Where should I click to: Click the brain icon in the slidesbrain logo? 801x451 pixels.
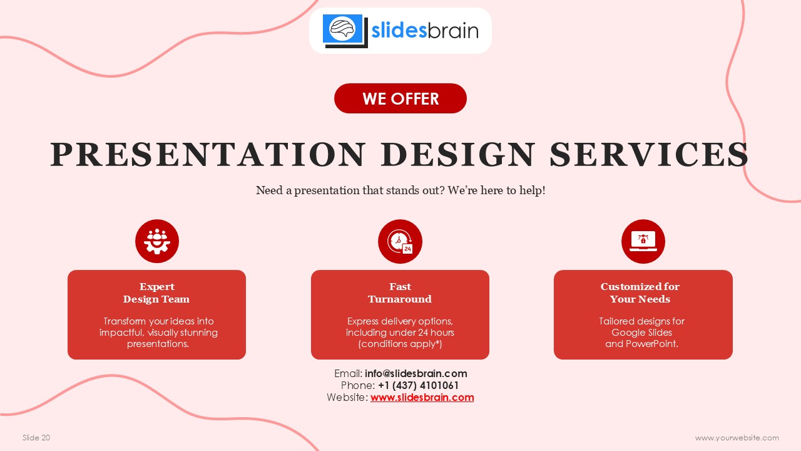click(x=343, y=29)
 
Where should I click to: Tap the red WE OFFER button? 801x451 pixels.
click(x=400, y=98)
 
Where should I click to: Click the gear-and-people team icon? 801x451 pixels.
click(x=157, y=241)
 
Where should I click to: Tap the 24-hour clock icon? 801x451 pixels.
click(x=400, y=241)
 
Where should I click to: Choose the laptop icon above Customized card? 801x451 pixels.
click(x=643, y=241)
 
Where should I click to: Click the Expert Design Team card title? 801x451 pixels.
click(x=156, y=293)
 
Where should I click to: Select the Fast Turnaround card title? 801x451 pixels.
click(x=400, y=293)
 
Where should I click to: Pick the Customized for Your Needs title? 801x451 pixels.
click(x=640, y=293)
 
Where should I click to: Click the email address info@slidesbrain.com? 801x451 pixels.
click(x=416, y=374)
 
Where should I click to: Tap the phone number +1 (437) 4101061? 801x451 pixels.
click(x=419, y=386)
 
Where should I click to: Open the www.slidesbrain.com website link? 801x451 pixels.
click(x=422, y=398)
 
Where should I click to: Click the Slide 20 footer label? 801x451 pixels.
click(x=36, y=438)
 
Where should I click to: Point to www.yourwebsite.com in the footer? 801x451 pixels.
click(x=737, y=438)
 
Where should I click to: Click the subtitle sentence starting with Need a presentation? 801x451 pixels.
click(x=400, y=190)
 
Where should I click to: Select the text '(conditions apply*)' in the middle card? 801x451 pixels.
click(x=400, y=344)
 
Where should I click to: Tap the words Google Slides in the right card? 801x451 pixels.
click(x=641, y=333)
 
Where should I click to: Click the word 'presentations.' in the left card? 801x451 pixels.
click(x=158, y=344)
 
